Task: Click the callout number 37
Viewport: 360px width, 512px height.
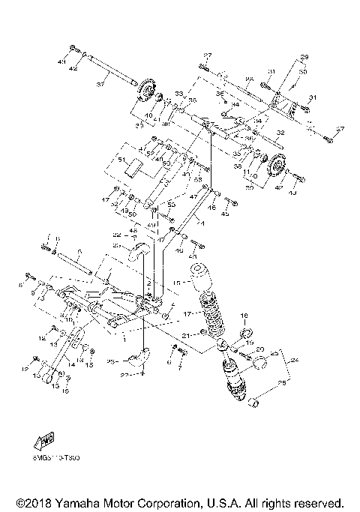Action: point(99,85)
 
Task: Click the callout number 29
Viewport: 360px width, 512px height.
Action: point(304,58)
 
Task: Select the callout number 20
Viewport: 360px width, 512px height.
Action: point(260,350)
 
